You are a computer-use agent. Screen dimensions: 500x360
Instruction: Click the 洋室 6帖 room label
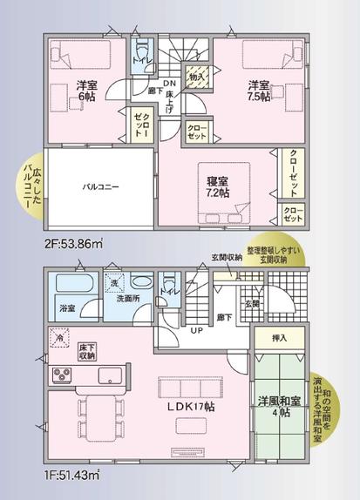click(85, 90)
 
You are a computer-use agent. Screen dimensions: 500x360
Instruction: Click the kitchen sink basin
click(111, 375)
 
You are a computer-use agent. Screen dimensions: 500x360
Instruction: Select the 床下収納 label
click(87, 351)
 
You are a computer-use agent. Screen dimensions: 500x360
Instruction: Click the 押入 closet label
click(280, 337)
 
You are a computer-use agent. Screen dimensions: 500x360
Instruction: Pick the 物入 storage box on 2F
click(198, 77)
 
